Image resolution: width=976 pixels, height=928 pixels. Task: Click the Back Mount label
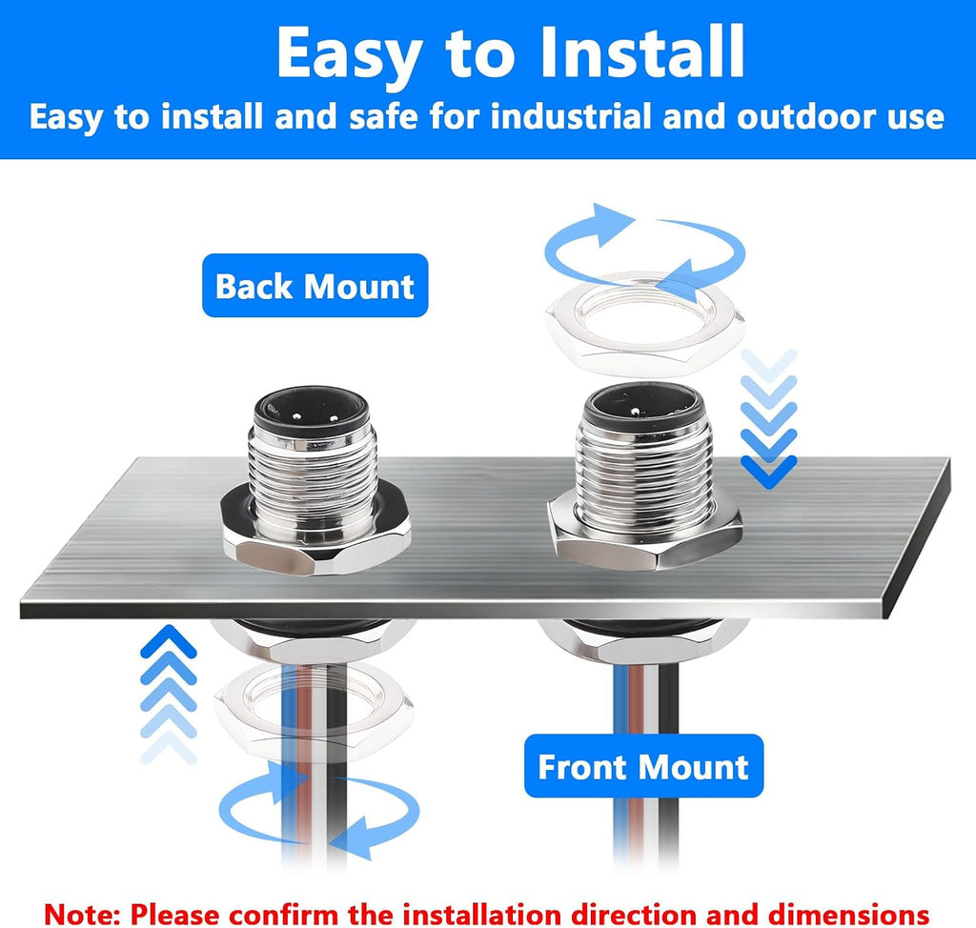[x=315, y=285]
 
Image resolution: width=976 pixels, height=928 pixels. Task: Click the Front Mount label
[x=643, y=766]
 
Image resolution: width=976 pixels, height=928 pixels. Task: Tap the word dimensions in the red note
[x=848, y=915]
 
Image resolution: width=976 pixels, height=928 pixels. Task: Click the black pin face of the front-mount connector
[x=644, y=407]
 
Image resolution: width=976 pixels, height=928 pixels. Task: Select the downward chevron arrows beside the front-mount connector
[x=769, y=418]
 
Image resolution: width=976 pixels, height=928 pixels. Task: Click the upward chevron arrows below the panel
[x=168, y=694]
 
